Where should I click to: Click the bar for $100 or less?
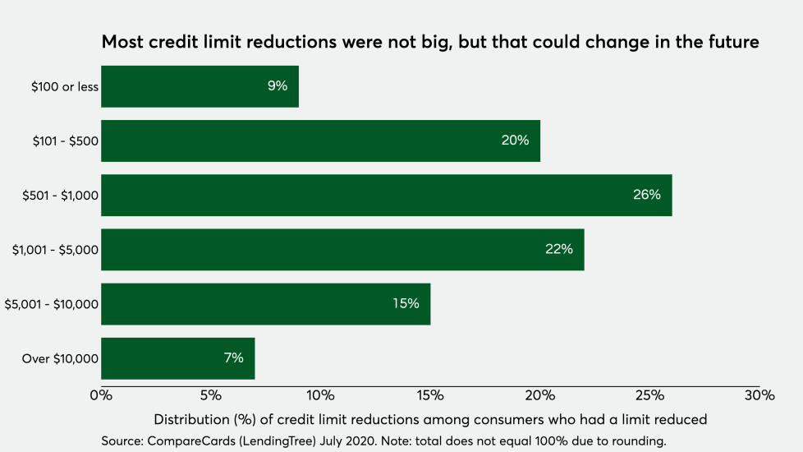(x=200, y=86)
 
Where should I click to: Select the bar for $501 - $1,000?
(x=386, y=196)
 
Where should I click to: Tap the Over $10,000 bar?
(x=177, y=358)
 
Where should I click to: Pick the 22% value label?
(x=558, y=249)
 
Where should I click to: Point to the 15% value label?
(x=406, y=303)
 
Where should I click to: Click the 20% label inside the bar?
(x=515, y=141)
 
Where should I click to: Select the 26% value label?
(x=647, y=195)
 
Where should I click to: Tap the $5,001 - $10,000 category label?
(x=52, y=304)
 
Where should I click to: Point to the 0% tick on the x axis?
(x=101, y=395)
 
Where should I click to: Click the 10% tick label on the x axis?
(x=320, y=395)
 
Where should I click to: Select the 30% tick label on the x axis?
(x=759, y=395)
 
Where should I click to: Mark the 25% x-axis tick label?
(x=649, y=395)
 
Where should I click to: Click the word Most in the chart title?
(x=121, y=43)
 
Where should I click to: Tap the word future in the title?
(x=732, y=43)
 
